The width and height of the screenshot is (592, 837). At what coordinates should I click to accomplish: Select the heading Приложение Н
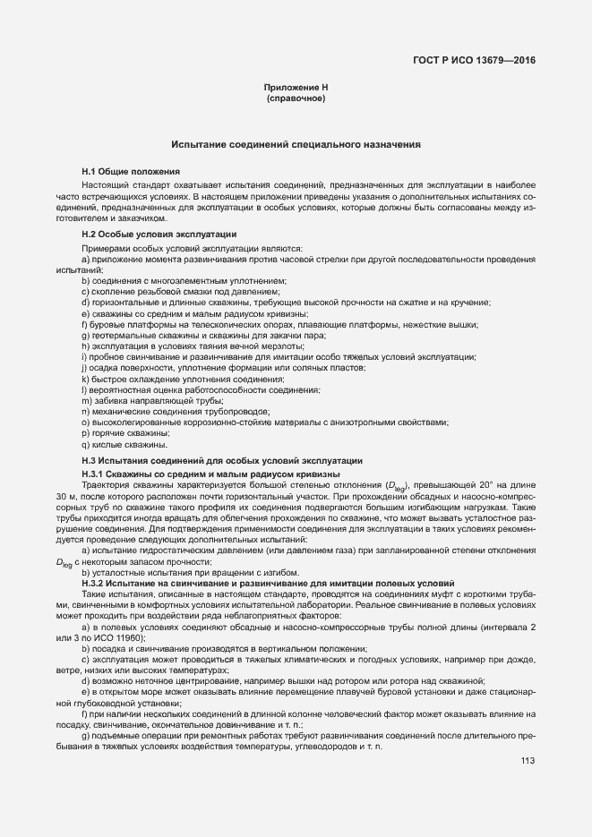(x=296, y=87)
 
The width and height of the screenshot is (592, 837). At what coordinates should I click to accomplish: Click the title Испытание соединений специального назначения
(x=296, y=143)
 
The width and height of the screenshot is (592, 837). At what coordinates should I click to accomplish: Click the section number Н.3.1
(x=96, y=473)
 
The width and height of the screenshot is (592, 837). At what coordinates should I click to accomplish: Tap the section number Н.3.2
(x=96, y=583)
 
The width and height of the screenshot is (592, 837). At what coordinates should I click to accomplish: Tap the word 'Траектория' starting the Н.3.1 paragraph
(x=106, y=484)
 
